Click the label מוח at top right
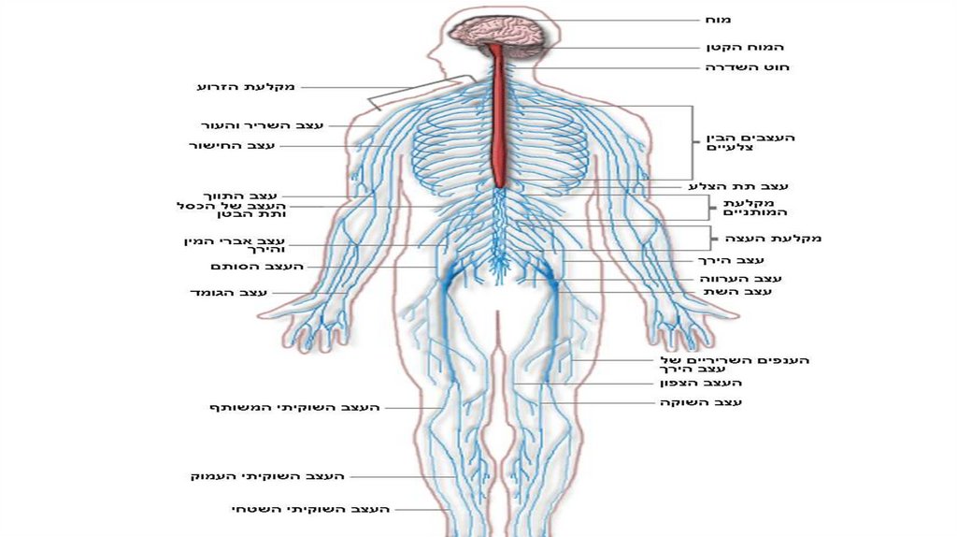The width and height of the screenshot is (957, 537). point(718,20)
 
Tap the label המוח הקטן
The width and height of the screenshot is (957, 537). point(745,47)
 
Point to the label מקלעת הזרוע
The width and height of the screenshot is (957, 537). point(246,87)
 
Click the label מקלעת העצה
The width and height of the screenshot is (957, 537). point(778,239)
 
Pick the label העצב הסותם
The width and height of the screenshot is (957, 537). point(256,267)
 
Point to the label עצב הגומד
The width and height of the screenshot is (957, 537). point(228,293)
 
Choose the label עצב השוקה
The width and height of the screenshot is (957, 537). point(703,402)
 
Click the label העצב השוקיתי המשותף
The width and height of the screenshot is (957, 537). point(293,408)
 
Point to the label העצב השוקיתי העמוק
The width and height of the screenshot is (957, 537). point(267,476)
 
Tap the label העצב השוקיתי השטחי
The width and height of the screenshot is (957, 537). point(310,509)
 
